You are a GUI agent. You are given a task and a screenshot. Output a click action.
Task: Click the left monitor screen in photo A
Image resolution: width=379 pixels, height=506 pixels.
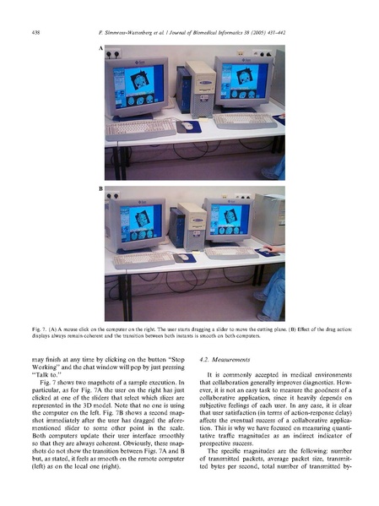coord(142,84)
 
